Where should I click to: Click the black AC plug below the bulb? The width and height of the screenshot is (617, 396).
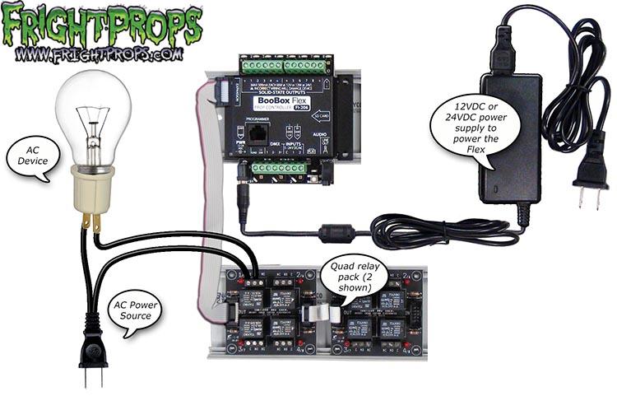92,351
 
